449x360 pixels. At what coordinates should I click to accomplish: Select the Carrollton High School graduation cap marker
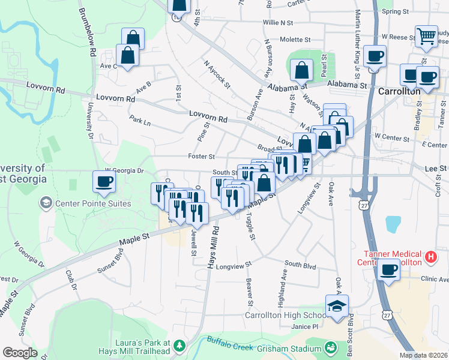337,307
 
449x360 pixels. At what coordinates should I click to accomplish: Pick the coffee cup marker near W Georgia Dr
104,182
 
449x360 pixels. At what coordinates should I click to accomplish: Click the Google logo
19,353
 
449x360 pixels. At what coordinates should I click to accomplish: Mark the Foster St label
202,157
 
